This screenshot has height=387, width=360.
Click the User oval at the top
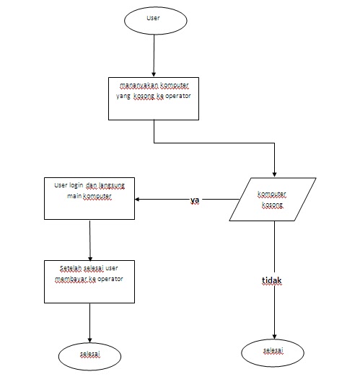pos(154,19)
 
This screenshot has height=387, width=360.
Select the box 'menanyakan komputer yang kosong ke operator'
pos(154,97)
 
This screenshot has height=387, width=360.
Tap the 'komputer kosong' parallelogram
pos(273,200)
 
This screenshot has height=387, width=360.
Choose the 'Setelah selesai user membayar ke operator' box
pos(89,282)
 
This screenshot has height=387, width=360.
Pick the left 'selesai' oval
pos(89,355)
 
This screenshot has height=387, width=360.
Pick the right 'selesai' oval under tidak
pos(273,351)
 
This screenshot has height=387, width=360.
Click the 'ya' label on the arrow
pos(195,200)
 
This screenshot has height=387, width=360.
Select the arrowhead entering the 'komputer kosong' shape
pos(274,173)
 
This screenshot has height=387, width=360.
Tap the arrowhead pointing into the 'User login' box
pos(141,200)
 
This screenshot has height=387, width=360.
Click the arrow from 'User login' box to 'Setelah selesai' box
pos(89,239)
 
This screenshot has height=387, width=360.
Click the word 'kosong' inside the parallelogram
pos(273,205)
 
